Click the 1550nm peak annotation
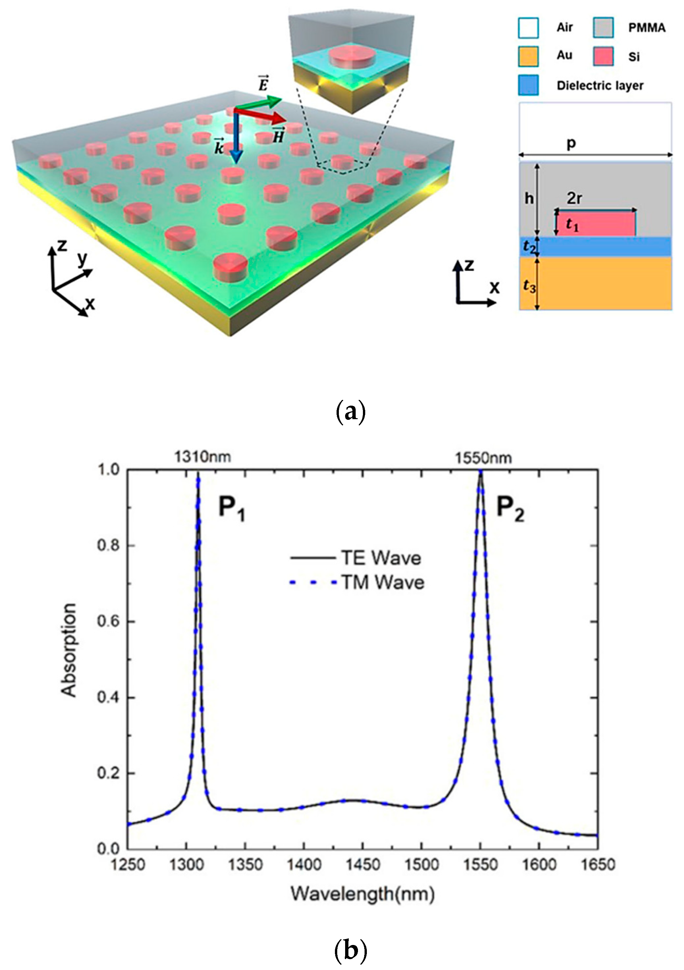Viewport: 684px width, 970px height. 483,458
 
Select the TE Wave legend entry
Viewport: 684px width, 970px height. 356,558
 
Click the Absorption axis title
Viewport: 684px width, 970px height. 69,649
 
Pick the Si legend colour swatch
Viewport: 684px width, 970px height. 603,56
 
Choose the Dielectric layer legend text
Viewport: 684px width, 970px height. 599,85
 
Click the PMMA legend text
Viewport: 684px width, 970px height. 646,28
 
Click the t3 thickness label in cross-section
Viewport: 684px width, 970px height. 529,286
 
